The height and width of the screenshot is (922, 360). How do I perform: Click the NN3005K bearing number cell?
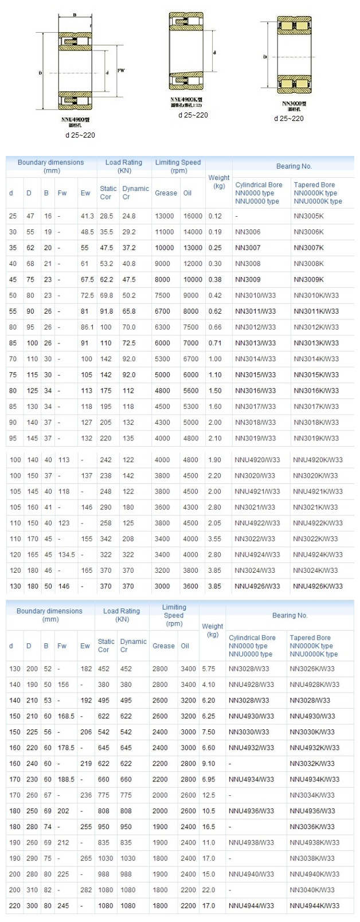[308, 216]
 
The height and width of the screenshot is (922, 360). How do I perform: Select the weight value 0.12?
[215, 216]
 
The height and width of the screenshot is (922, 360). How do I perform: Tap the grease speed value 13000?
[164, 216]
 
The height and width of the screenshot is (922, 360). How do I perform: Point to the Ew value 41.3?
[87, 216]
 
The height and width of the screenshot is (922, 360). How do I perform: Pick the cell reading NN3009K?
[308, 280]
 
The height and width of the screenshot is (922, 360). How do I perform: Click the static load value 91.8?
[107, 311]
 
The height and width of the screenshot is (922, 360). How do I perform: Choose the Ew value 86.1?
[87, 327]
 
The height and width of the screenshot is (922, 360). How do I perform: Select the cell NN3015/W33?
[255, 375]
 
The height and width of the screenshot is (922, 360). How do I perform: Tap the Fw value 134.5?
[66, 554]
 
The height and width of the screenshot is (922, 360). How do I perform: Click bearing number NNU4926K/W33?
[318, 586]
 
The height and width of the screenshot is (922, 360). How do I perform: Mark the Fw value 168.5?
[66, 716]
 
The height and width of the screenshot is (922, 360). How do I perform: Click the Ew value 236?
[86, 795]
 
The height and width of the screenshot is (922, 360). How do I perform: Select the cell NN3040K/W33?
[312, 890]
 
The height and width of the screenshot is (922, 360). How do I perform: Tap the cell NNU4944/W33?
[251, 906]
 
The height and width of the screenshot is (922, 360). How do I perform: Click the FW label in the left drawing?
[121, 71]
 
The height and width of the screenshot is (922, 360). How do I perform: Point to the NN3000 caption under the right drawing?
[294, 103]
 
